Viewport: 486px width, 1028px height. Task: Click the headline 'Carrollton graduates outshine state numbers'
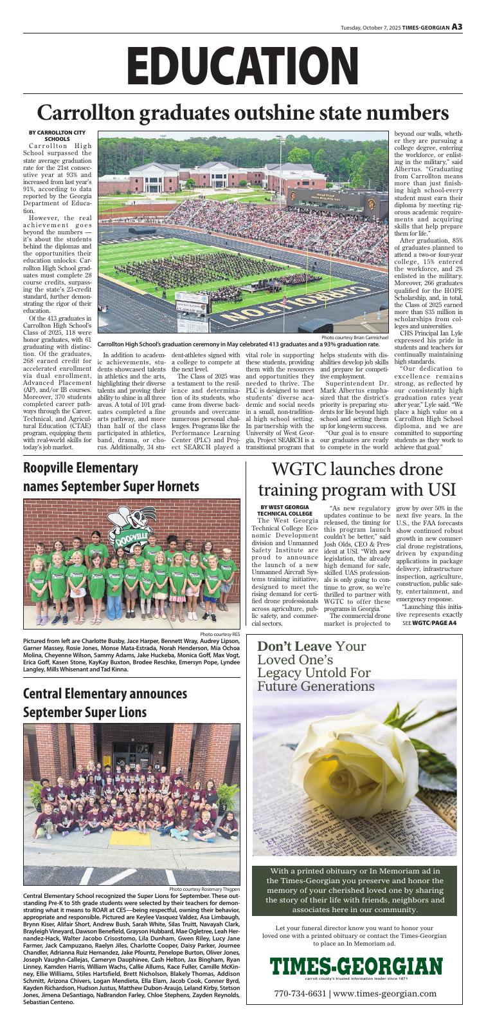point(243,113)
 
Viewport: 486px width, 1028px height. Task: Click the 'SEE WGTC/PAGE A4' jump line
point(429,623)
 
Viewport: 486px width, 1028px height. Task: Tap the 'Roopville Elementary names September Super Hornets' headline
point(111,477)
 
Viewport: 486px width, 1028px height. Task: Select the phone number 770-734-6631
point(300,993)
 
